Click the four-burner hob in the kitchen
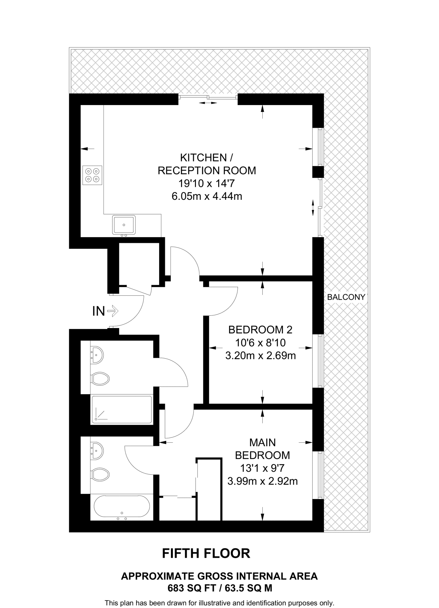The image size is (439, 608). point(92,175)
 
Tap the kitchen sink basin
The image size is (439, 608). point(124,225)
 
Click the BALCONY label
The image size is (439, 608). point(346,297)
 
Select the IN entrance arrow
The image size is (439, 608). point(113,311)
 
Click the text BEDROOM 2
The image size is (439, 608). point(260,330)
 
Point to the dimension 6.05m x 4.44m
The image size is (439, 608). point(207,196)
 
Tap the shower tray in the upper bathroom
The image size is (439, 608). point(122,409)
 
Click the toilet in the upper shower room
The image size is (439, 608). point(100,379)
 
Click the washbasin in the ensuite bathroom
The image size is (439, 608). point(97,451)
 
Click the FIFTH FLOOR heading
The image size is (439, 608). point(206,554)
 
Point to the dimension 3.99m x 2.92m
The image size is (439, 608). point(262,481)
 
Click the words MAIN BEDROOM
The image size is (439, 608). point(262,449)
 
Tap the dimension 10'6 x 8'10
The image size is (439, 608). point(260,343)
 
